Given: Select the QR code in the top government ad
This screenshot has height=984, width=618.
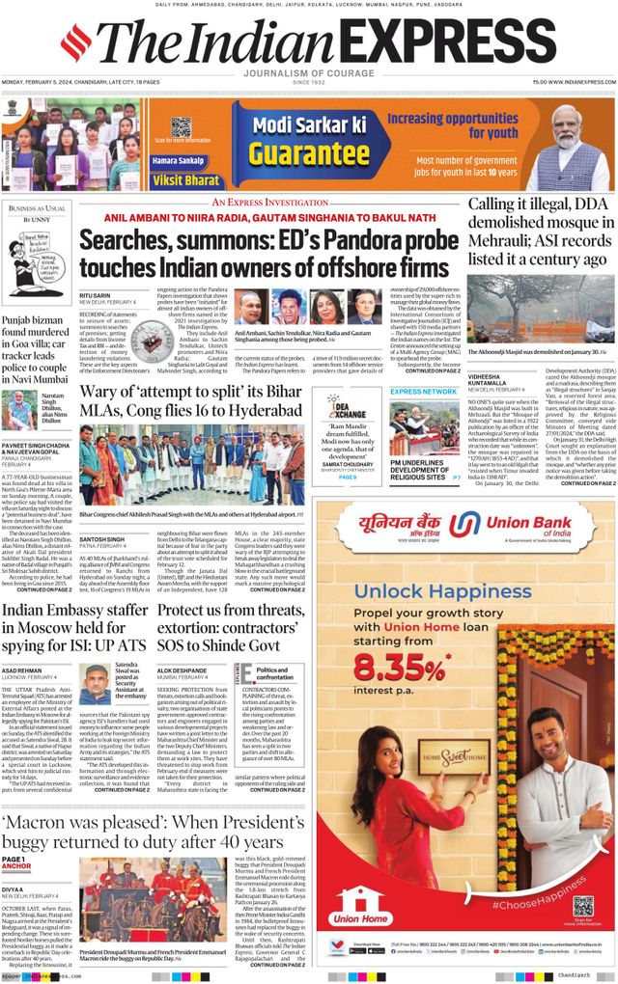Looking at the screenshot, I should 181,126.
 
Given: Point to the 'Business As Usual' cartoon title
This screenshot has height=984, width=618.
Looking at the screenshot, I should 37,208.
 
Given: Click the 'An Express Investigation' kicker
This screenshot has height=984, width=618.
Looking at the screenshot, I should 269,203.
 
